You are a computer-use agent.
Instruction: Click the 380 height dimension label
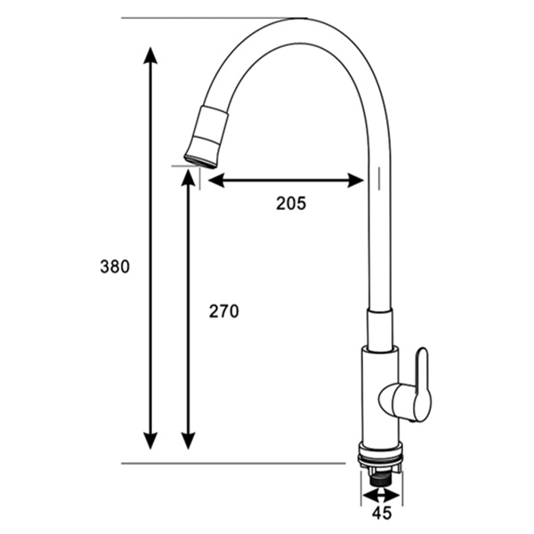115,266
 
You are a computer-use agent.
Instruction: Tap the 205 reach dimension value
290,203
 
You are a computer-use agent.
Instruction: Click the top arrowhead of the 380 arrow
150,55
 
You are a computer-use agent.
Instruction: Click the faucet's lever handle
417,389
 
